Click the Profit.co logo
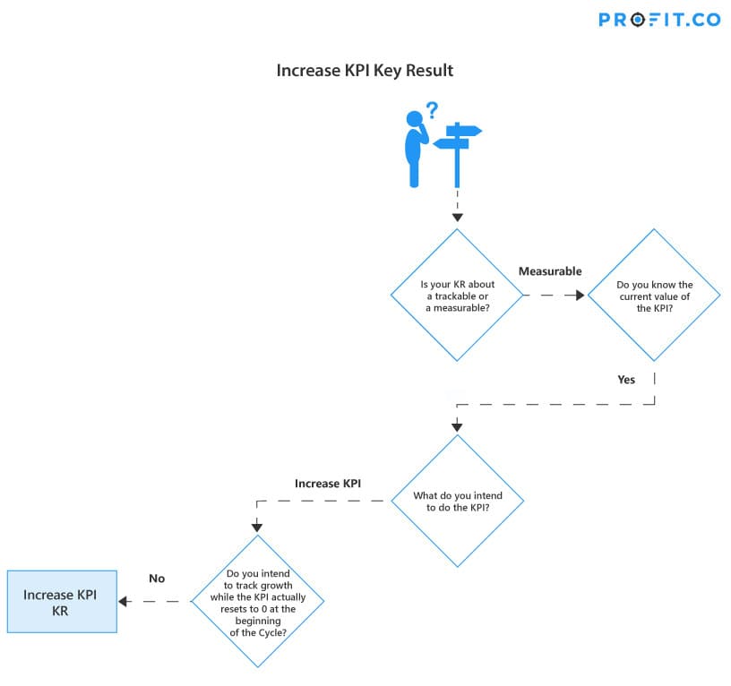click(659, 20)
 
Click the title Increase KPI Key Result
click(365, 71)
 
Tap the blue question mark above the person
click(433, 110)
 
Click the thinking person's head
click(414, 118)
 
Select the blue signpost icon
click(458, 155)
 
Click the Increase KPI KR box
click(62, 602)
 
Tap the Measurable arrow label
click(550, 271)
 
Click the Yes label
click(626, 380)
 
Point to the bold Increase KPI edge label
click(328, 484)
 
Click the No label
click(157, 579)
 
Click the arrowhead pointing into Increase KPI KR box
click(123, 602)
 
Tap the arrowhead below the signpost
click(458, 218)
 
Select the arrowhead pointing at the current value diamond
click(580, 295)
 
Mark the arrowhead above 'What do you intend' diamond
click(457, 427)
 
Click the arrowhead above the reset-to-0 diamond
click(257, 527)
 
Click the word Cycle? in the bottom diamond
click(272, 633)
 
